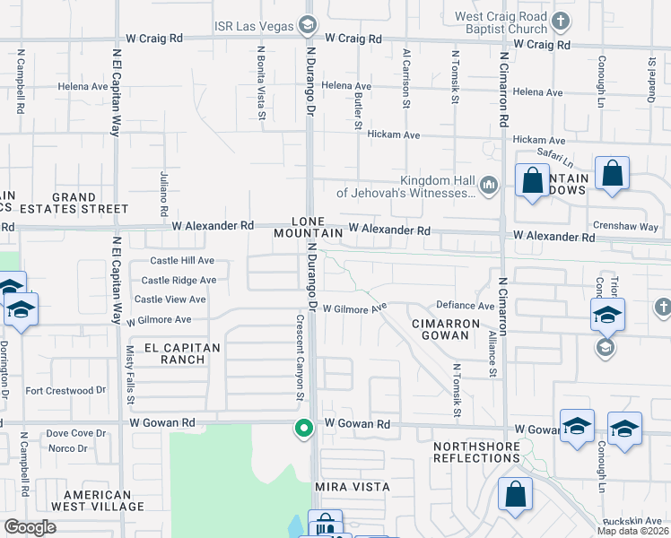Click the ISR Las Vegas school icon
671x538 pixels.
(308, 23)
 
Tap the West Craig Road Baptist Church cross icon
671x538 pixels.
(561, 21)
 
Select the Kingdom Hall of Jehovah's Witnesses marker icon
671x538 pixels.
(489, 185)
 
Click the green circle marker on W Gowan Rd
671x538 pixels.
(304, 429)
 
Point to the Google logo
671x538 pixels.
(30, 527)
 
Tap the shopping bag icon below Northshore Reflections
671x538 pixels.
(516, 494)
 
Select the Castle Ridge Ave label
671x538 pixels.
(179, 280)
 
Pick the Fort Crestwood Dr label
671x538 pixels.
(65, 390)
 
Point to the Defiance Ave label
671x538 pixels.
(466, 306)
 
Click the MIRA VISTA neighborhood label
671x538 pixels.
(353, 486)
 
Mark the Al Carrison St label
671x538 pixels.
(406, 79)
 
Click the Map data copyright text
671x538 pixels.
(632, 531)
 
